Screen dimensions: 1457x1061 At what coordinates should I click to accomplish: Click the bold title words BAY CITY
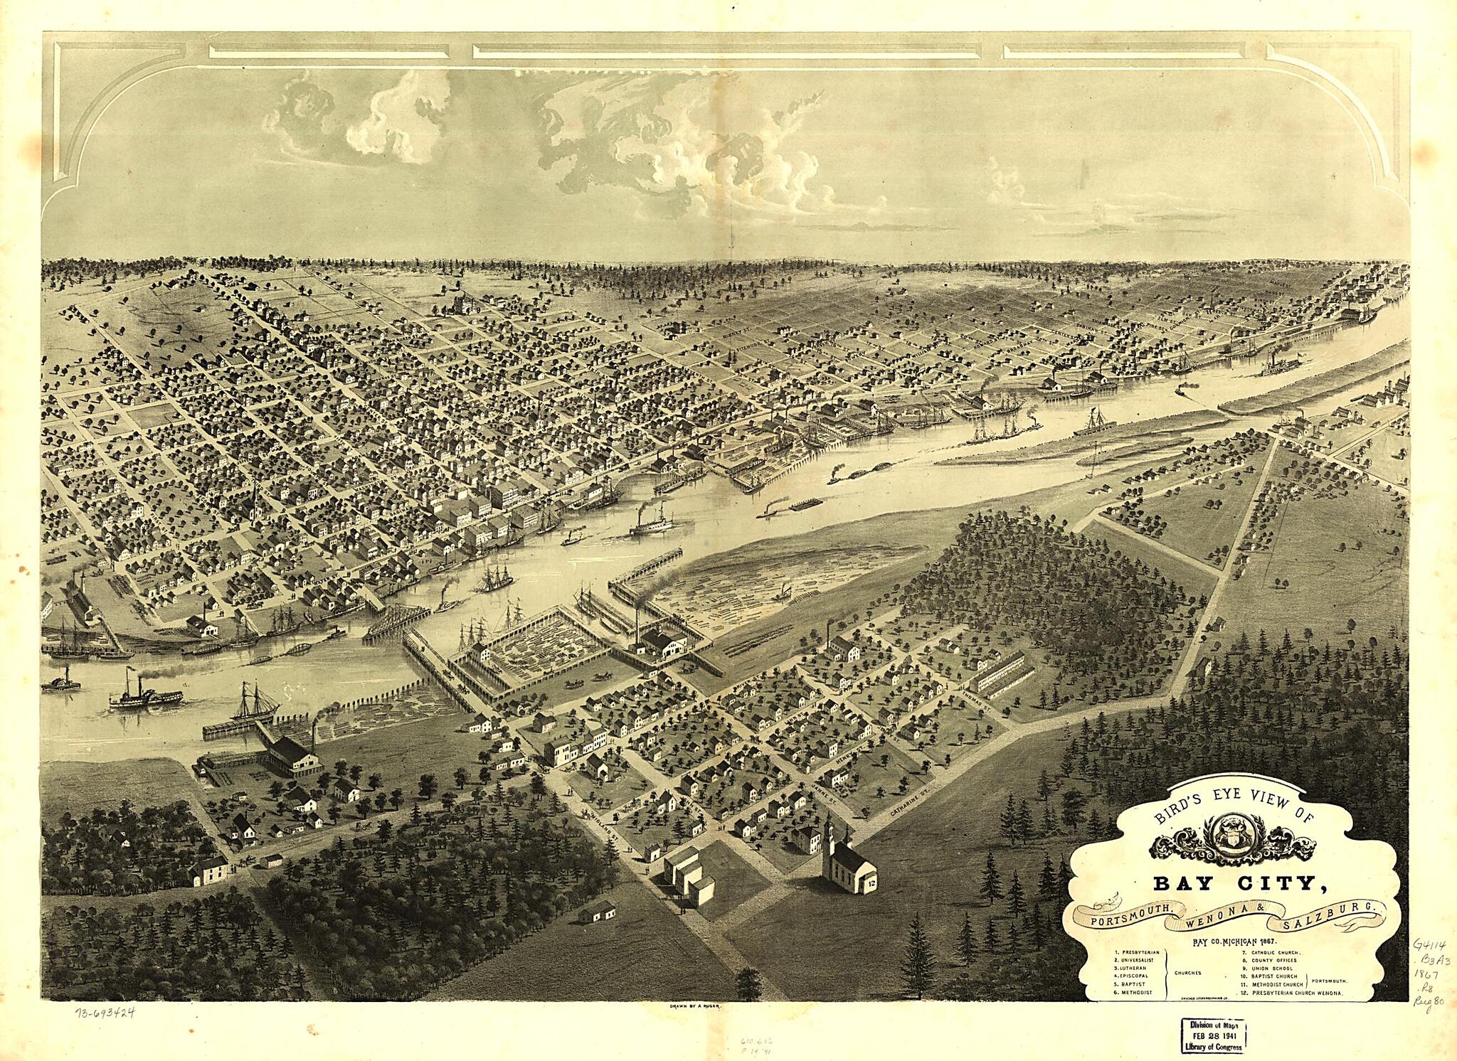click(1235, 884)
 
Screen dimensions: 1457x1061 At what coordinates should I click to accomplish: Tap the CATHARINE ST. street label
click(911, 799)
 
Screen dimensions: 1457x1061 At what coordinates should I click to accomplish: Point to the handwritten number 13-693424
click(106, 1013)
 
